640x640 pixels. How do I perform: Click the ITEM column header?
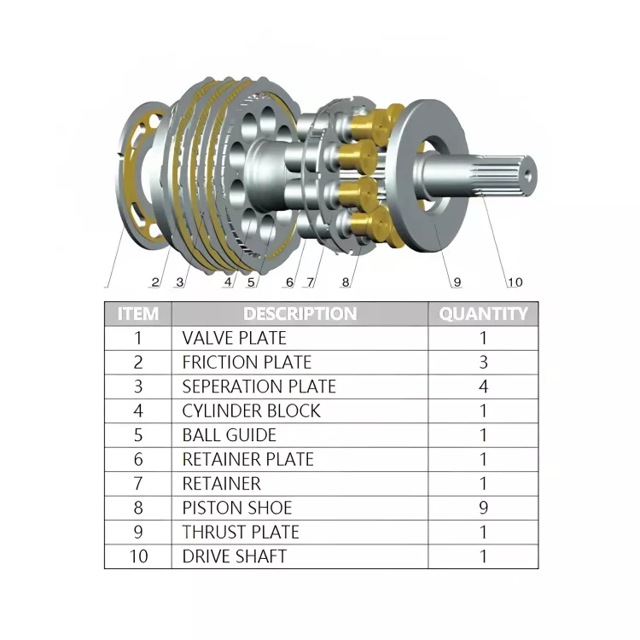pos(137,313)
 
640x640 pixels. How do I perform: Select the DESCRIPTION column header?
pos(300,313)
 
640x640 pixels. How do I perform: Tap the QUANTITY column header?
pos(483,313)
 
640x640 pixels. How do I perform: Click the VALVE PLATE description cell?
pos(234,338)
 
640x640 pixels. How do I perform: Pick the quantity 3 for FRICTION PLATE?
pos(483,362)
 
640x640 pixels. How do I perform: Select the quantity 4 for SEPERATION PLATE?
pos(483,387)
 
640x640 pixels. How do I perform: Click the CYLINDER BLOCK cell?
pos(251,410)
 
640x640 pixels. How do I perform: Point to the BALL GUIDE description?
pos(229,435)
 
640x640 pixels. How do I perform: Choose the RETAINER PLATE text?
pos(247,459)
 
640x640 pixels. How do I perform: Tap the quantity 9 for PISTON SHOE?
pos(483,508)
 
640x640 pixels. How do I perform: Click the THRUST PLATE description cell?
pos(241,532)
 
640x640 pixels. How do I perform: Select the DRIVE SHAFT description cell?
pos(234,556)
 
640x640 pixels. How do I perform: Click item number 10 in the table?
pos(137,556)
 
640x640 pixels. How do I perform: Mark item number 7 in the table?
pos(137,484)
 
